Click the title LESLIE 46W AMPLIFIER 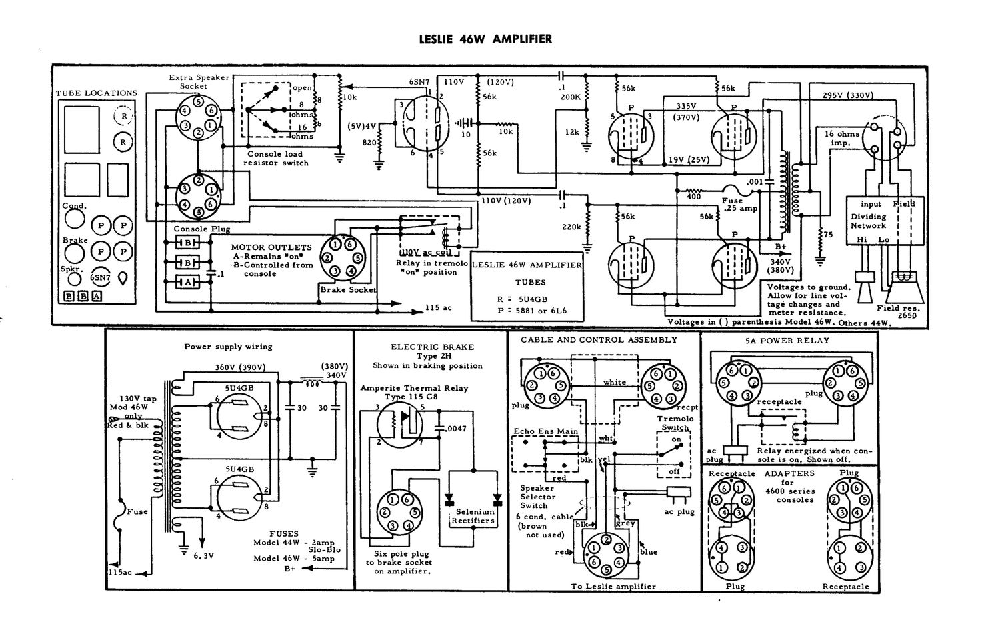click(485, 39)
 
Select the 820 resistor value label click(369, 143)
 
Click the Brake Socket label click(348, 290)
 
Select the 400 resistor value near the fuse click(693, 196)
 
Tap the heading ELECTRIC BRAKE click(432, 347)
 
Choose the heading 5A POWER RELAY click(787, 340)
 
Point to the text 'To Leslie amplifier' click(613, 586)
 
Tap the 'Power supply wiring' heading click(228, 347)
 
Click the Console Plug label click(193, 229)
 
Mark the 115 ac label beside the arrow click(439, 308)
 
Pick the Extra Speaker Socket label click(198, 81)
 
